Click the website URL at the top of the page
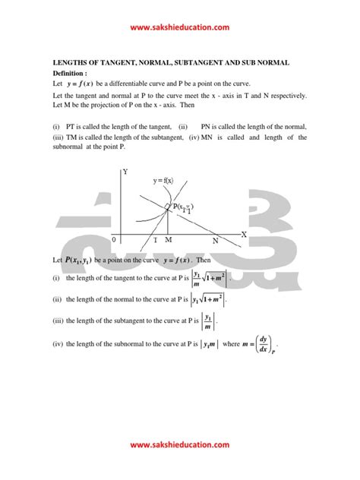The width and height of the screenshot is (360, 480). [180, 27]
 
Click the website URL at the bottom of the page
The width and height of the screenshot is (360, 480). [180, 445]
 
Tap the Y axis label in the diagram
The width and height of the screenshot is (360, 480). [125, 173]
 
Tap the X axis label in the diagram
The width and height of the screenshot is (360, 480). [245, 235]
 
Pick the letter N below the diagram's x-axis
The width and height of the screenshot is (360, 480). [215, 241]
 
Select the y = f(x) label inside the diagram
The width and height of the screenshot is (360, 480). [162, 180]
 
